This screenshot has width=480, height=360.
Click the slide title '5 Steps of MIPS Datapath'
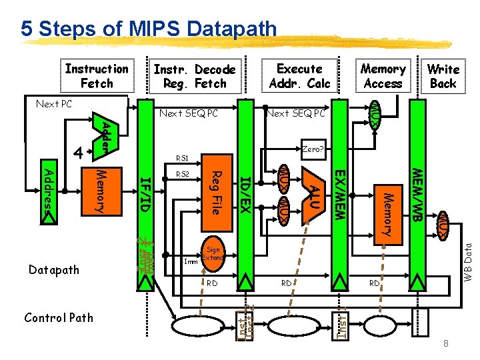coord(148,29)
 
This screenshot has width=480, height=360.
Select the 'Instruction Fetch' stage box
coord(97,76)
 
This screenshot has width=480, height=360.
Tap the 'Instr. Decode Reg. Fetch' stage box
coord(194,77)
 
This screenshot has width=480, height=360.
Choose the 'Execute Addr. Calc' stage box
coord(299,76)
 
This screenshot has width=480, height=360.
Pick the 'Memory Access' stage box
coord(383,76)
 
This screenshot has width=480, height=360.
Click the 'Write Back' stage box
coord(443,76)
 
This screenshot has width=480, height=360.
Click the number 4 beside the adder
coord(78,153)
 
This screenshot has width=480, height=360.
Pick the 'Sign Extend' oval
coord(213,253)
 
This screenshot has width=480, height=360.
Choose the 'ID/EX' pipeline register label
coord(245,194)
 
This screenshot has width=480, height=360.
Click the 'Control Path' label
coord(58,317)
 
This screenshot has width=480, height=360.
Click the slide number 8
coord(445,343)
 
